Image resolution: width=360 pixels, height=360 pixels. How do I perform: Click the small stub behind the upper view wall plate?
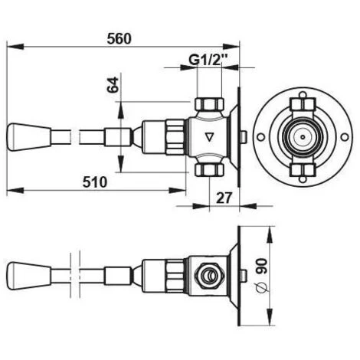[242, 139]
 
